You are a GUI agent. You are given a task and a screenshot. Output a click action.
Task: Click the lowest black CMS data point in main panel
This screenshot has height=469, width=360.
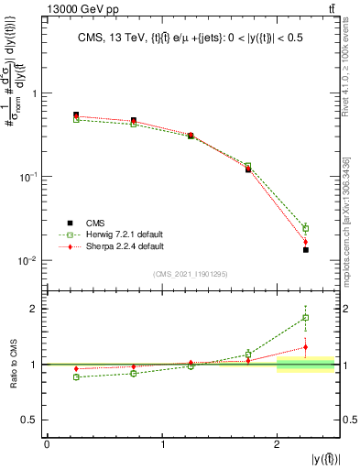306,250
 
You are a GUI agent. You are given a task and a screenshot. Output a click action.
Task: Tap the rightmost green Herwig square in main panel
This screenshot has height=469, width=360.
306,228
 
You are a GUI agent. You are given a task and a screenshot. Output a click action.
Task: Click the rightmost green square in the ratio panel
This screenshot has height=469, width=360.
306,318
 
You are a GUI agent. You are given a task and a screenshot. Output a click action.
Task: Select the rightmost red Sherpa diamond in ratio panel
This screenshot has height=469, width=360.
306,347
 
